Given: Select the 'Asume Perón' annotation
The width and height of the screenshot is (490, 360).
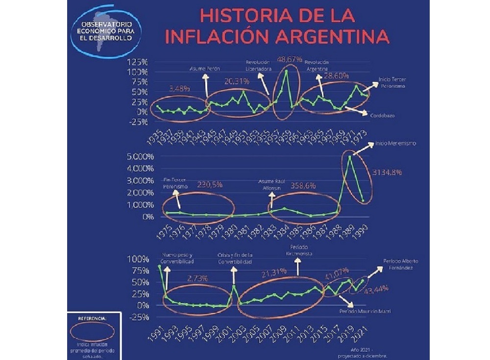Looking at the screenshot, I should point(204,69).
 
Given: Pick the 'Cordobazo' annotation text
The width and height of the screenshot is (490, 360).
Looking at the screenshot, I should point(383,115).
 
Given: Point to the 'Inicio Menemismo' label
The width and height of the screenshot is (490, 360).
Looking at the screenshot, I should point(396,144).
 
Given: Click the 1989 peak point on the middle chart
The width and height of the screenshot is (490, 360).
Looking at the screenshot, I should point(350,156).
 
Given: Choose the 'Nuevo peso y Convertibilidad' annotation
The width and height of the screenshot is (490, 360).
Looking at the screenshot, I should point(177,258).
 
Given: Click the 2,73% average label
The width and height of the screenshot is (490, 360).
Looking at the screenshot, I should point(197,278).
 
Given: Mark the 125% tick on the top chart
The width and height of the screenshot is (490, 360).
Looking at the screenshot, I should point(138,62).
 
